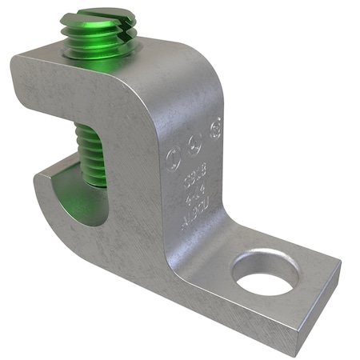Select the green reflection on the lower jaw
tap(80, 204)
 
